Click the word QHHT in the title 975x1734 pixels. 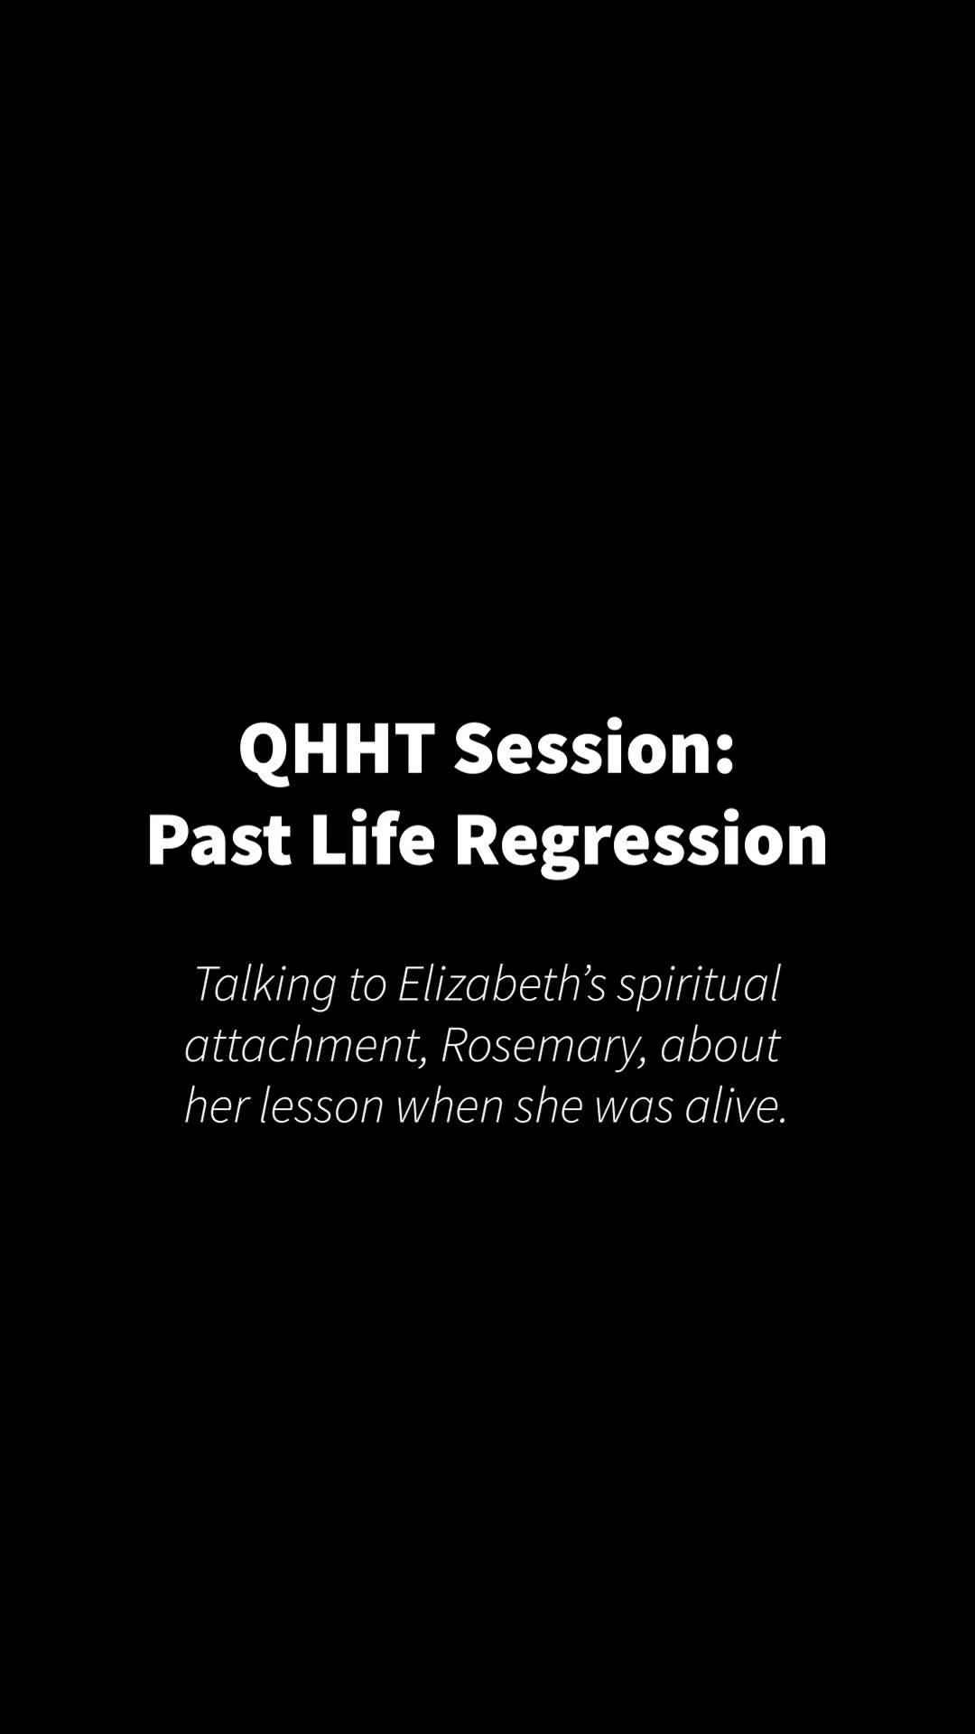click(337, 749)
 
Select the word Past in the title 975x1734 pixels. click(219, 840)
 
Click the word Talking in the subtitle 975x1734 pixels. click(265, 984)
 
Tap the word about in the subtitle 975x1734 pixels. click(720, 1045)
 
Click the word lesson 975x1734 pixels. click(321, 1106)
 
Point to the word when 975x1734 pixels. click(450, 1106)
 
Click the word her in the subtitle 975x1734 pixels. click(217, 1106)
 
